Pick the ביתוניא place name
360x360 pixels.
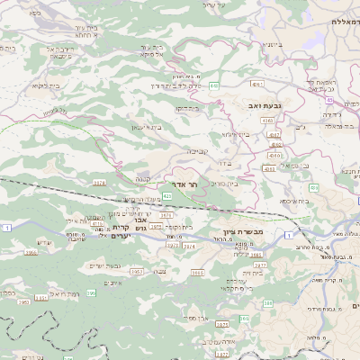click(x=272, y=44)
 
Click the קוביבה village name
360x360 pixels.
click(x=198, y=151)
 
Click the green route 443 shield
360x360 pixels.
click(x=213, y=85)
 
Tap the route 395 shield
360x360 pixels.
click(x=90, y=318)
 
